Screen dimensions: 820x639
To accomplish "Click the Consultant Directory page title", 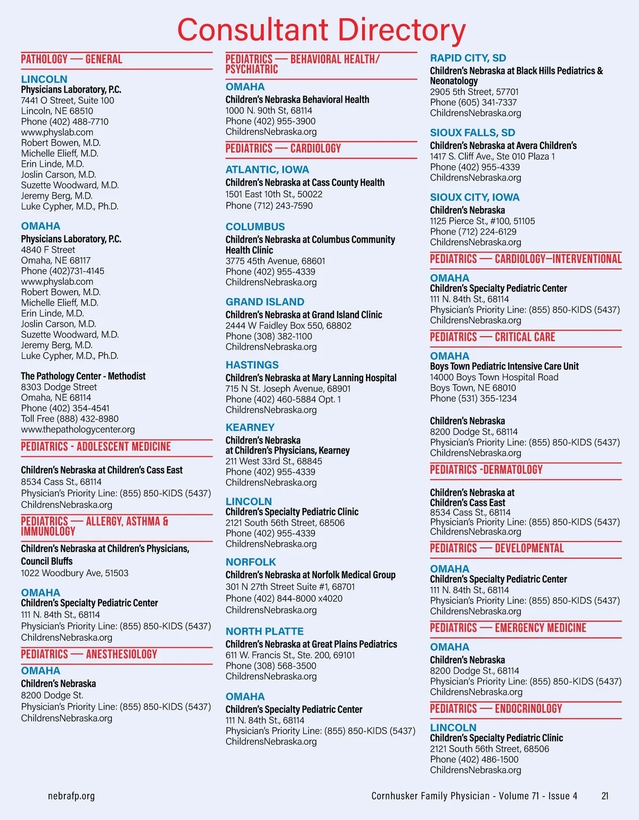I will point(321,30).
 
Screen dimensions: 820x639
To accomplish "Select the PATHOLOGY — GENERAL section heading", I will point(71,59).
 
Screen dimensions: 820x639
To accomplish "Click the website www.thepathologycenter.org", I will point(78,429).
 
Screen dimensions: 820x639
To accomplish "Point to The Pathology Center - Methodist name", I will point(83,376).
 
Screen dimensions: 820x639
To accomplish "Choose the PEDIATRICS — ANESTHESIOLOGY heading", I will point(89,654).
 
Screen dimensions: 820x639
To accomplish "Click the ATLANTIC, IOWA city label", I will point(267,169).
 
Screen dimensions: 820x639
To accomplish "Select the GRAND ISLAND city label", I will point(265,301).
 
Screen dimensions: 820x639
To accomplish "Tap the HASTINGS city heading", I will point(252,365).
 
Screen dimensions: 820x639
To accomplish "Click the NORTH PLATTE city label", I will point(264,631).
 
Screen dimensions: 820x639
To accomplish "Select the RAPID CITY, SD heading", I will point(468,58).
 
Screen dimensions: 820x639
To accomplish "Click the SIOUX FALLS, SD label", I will point(472,133).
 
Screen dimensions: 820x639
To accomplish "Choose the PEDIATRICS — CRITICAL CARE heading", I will point(493,337).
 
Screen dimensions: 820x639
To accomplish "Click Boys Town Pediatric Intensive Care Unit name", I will point(504,366).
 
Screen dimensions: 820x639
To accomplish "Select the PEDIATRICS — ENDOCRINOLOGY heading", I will point(496,709).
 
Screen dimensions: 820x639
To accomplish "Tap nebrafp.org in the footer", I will point(71,796).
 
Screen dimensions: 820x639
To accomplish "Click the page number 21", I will point(604,796).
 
